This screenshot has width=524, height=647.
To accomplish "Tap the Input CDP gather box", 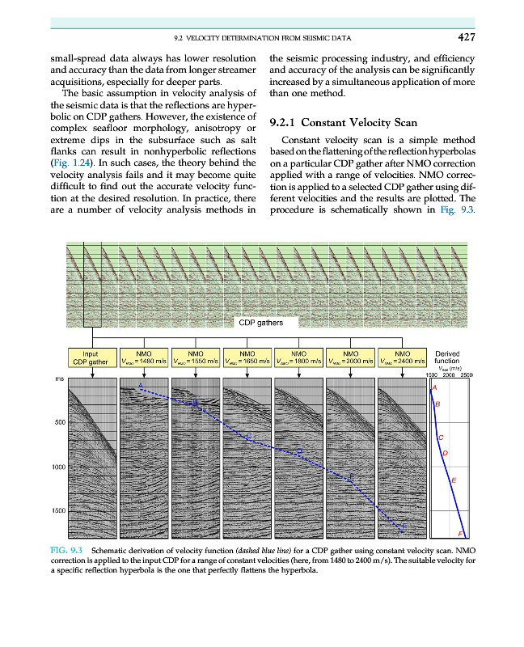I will pyautogui.click(x=91, y=357).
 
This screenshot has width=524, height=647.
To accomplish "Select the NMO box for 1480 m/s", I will pyautogui.click(x=143, y=357).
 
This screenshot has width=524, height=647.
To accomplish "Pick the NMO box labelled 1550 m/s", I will pyautogui.click(x=195, y=357).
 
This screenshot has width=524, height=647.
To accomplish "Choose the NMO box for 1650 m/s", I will pyautogui.click(x=247, y=357).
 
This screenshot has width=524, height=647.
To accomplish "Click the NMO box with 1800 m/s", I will pyautogui.click(x=298, y=357).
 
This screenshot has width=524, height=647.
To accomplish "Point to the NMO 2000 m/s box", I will pyautogui.click(x=350, y=357).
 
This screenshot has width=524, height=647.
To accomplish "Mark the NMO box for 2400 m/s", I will pyautogui.click(x=402, y=357).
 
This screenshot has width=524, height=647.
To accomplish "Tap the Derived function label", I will pyautogui.click(x=448, y=357).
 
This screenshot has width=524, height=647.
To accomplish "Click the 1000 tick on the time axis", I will pyautogui.click(x=57, y=467).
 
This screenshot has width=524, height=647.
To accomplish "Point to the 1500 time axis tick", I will pyautogui.click(x=57, y=511).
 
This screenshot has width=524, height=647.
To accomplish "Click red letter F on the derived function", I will pyautogui.click(x=461, y=535).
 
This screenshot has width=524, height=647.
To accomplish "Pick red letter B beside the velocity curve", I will pyautogui.click(x=437, y=404).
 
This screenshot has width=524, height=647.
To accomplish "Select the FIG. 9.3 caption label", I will pyautogui.click(x=65, y=549).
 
